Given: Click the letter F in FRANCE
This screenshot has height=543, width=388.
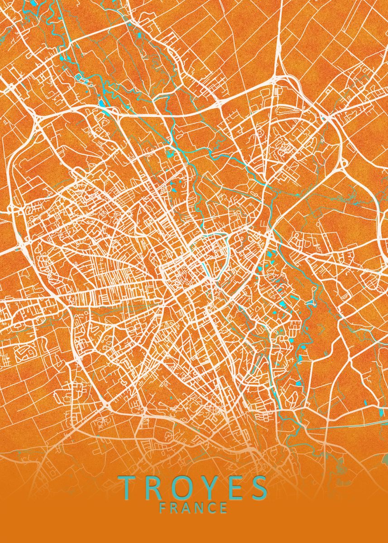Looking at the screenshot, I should click(x=163, y=508).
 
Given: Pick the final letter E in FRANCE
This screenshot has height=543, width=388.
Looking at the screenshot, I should click(x=224, y=508).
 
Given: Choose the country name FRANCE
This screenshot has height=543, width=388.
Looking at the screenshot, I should click(x=193, y=508).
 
